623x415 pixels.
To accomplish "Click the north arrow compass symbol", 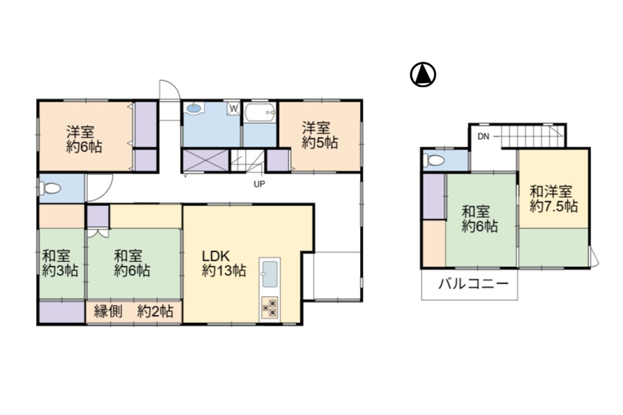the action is (x=423, y=75).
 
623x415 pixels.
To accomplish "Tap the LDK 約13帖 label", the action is (x=224, y=263).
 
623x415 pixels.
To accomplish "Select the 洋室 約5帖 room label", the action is (x=320, y=136).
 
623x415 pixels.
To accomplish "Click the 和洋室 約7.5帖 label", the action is (x=554, y=199).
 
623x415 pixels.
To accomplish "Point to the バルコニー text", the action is (x=473, y=284).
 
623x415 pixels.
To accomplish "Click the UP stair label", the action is (x=260, y=184).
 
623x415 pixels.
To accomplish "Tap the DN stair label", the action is (x=483, y=137).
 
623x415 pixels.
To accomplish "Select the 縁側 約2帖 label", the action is (x=134, y=311).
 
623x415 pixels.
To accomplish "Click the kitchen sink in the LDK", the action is (x=270, y=274).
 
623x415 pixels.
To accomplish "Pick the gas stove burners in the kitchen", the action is (x=270, y=308).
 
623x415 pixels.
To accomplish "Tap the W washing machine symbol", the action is (x=234, y=109).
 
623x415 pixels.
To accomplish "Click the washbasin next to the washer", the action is (x=194, y=108).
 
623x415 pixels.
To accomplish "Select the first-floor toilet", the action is (x=49, y=188).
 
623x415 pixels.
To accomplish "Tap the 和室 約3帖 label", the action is (x=60, y=263).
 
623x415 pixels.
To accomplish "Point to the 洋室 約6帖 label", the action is (x=84, y=139).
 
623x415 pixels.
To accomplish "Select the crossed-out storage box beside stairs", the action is (x=206, y=160).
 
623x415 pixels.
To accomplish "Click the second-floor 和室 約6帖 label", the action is (x=480, y=219).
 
